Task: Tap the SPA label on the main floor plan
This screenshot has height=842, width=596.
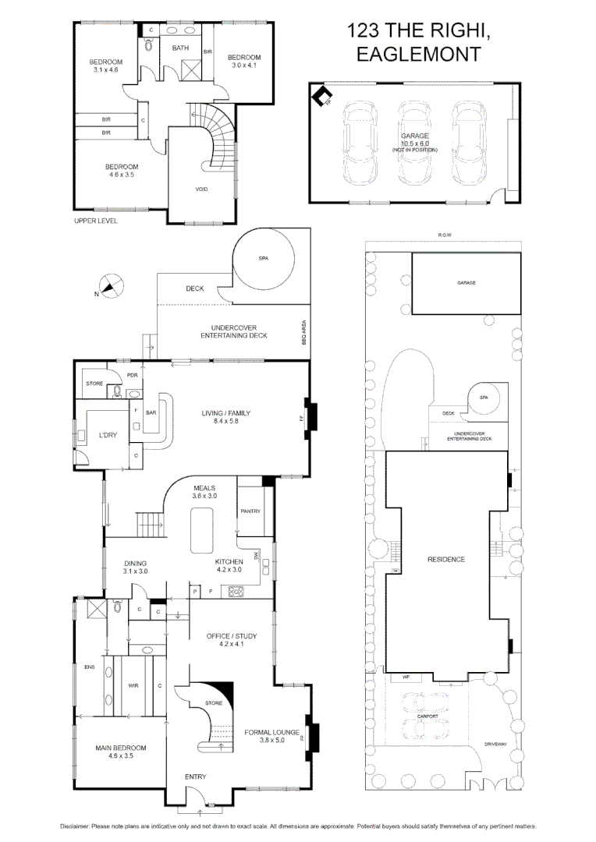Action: (262, 259)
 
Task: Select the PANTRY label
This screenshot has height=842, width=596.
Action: (250, 511)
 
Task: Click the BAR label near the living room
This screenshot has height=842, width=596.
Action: (152, 413)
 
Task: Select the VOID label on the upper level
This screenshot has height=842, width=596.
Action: (200, 189)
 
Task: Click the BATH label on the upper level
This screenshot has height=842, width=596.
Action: (180, 48)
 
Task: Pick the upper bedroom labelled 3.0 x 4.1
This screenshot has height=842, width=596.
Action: (244, 62)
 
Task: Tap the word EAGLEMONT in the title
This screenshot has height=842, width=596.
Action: (417, 55)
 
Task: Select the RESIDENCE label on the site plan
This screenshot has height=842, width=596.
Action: (445, 559)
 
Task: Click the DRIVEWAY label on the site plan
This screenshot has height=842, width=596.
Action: (495, 744)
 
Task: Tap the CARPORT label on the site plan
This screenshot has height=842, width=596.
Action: (427, 715)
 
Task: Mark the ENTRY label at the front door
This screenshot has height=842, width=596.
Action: (196, 777)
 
